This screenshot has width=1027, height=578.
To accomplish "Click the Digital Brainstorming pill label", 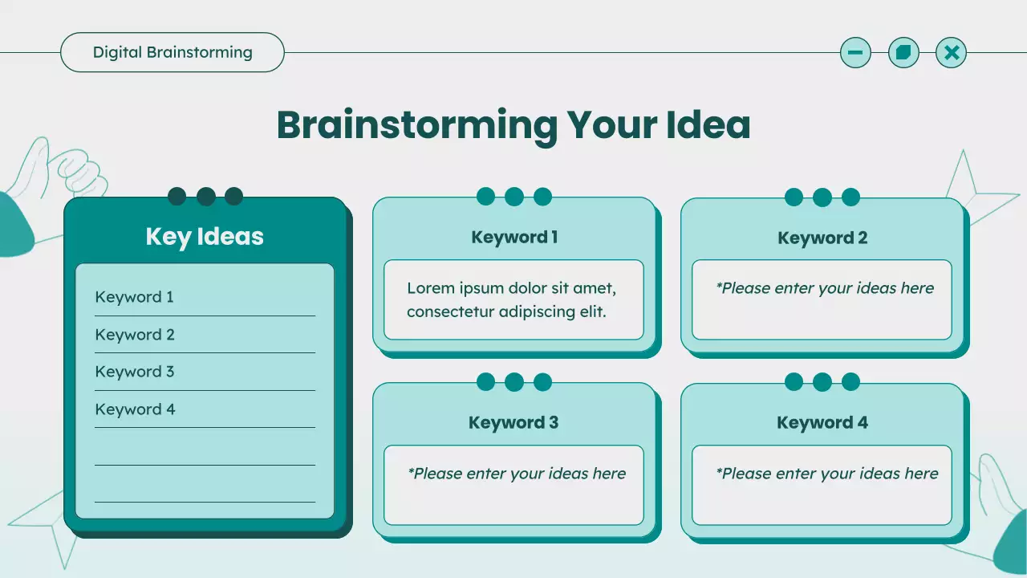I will [173, 53].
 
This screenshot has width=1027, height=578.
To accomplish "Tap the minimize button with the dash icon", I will [855, 53].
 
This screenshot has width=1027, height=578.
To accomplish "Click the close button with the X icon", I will [952, 53].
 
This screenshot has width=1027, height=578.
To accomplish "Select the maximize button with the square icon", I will [903, 53].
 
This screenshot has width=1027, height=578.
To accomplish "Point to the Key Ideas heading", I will [205, 237].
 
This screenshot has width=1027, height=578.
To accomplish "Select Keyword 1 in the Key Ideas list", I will [134, 297].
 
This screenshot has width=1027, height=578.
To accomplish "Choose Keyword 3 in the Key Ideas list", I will [134, 372].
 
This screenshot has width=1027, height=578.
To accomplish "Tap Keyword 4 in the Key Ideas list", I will [135, 409].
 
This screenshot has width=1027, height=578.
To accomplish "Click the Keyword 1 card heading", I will [514, 237].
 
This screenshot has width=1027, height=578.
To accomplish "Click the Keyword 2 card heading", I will [822, 238].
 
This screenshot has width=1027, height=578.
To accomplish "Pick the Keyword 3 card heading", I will [513, 422].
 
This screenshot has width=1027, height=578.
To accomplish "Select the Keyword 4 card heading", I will [822, 422].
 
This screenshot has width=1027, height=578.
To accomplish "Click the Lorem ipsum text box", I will [513, 299].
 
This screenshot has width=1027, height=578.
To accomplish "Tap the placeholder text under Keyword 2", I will [825, 288].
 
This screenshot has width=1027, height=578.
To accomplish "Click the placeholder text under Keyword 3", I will [517, 474].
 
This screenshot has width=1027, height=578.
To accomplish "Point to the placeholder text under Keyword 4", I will [826, 474].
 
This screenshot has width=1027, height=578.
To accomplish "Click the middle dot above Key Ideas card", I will [206, 197].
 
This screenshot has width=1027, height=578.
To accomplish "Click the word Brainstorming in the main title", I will [417, 125].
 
